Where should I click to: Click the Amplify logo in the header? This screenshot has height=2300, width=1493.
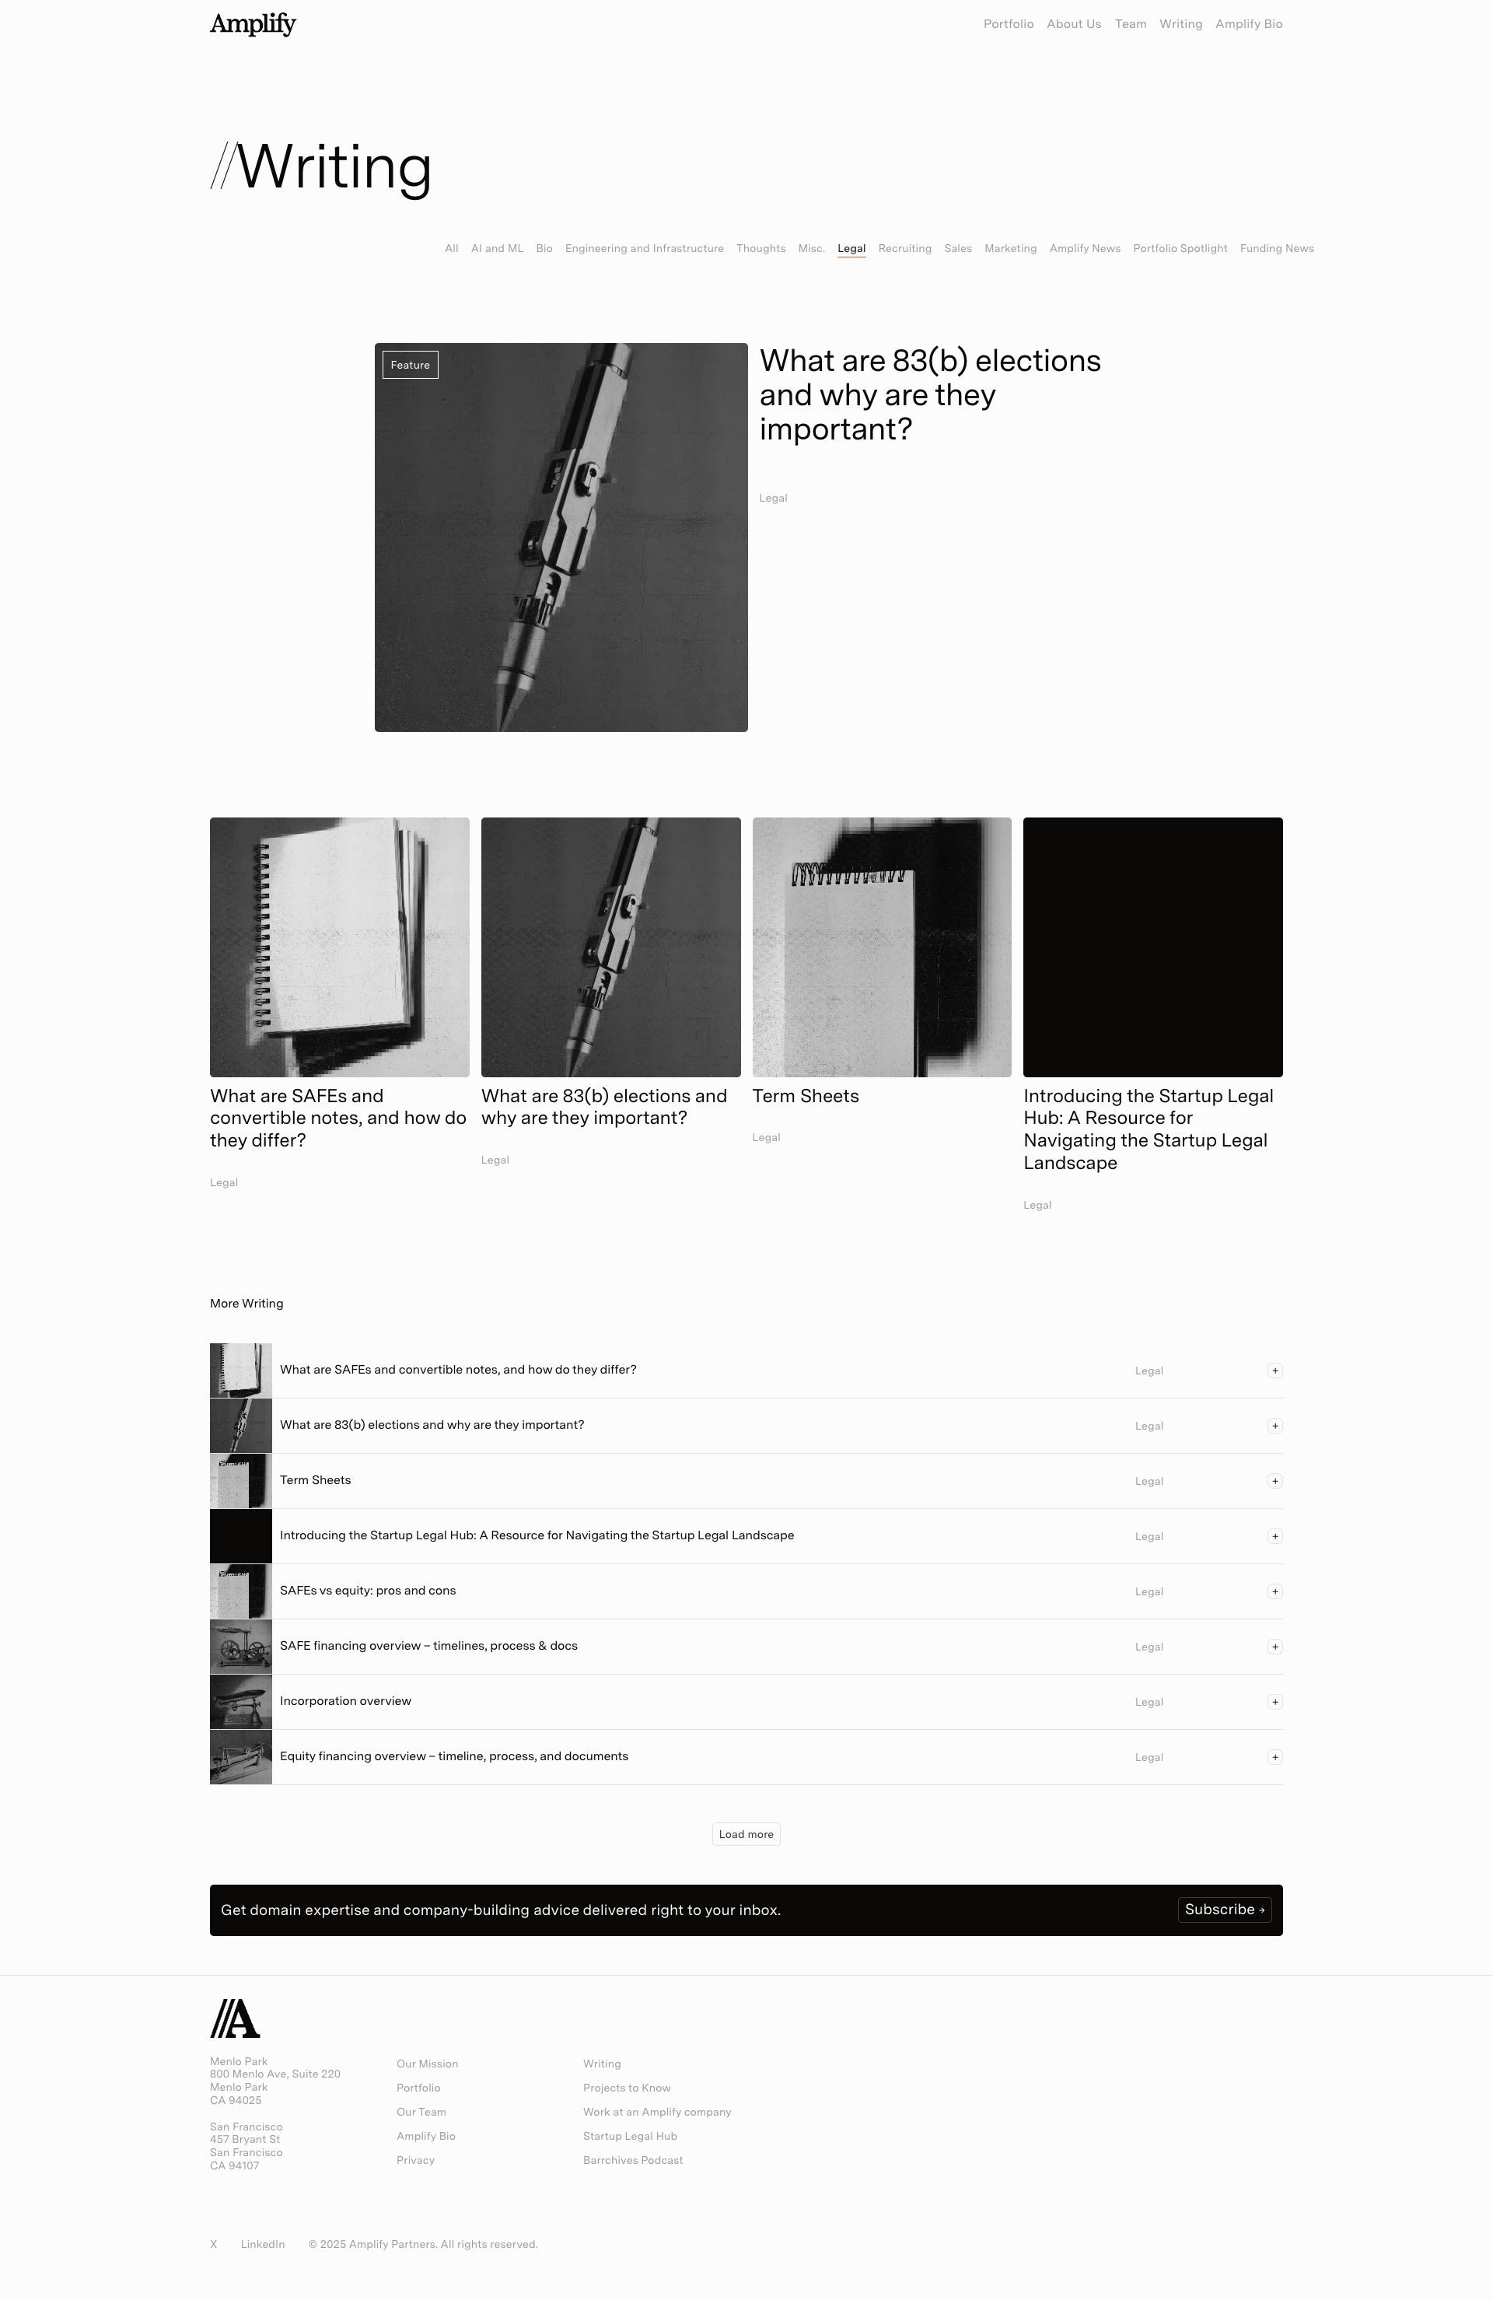(x=252, y=24)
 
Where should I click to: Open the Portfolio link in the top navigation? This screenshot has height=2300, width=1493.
(x=1008, y=24)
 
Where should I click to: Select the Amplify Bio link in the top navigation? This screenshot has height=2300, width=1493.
(x=1249, y=24)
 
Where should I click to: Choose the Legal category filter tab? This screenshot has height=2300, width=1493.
(x=851, y=248)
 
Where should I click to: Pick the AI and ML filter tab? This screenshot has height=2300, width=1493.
(x=497, y=248)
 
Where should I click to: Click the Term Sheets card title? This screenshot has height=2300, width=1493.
(x=805, y=1096)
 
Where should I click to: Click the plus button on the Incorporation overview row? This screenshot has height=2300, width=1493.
(x=1274, y=1702)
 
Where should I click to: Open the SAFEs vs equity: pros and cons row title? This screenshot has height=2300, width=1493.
(x=367, y=1591)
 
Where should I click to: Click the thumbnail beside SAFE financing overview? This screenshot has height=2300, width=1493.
(x=240, y=1647)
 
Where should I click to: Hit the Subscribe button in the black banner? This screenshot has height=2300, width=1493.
(x=1223, y=1910)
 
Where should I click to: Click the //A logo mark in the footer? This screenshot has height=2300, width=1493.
(x=235, y=2018)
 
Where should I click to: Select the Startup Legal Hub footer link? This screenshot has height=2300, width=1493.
(x=629, y=2136)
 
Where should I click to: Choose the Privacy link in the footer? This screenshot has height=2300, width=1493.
(x=414, y=2160)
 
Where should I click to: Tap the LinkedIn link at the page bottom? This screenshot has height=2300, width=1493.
(x=262, y=2244)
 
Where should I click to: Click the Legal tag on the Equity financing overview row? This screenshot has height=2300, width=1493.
(x=1148, y=1758)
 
